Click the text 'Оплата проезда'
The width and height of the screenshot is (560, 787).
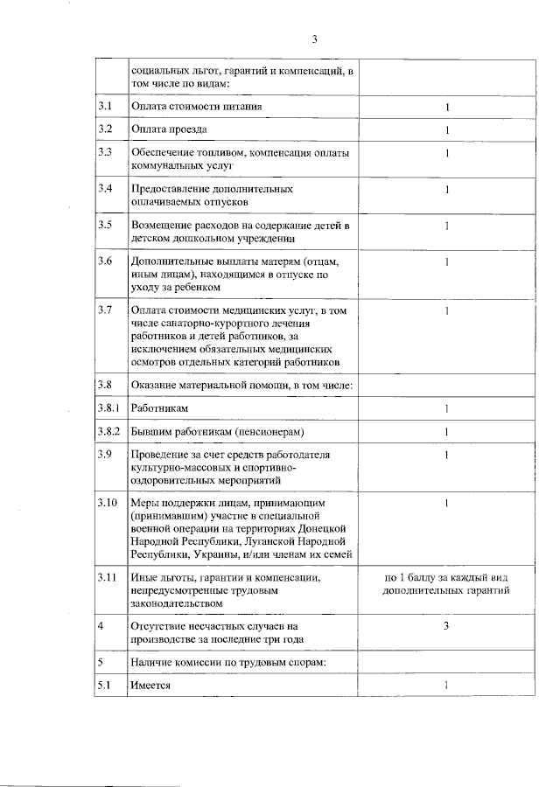pyautogui.click(x=169, y=130)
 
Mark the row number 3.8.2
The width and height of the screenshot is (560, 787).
pyautogui.click(x=110, y=431)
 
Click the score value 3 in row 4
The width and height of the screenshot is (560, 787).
pyautogui.click(x=445, y=626)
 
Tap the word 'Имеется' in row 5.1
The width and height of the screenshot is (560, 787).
pyautogui.click(x=150, y=686)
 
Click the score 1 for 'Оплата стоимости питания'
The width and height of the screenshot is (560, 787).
pyautogui.click(x=445, y=107)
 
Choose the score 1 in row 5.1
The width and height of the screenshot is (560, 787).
pyautogui.click(x=445, y=686)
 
